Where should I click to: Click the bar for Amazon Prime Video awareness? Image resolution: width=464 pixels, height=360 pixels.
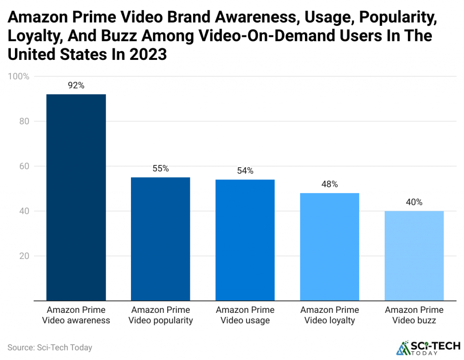pos(76,197)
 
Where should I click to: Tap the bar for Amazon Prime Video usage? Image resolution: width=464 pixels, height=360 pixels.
pos(245,240)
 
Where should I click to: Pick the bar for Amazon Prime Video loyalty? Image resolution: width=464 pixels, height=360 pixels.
pos(329,247)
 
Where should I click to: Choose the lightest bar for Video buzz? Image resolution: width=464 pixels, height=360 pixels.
pos(414,256)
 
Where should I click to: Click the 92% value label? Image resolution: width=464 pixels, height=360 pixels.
pos(76,85)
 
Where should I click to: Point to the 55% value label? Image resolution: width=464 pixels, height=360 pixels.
pos(160,168)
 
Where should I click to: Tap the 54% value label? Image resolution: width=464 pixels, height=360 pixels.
pos(245,170)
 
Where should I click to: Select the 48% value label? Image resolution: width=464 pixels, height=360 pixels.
pos(329,184)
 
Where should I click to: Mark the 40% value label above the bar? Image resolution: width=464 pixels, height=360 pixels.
pos(414,202)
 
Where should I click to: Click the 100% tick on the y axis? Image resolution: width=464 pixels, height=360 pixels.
pos(19,77)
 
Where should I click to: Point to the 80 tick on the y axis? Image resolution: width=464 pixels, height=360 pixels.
pos(24,122)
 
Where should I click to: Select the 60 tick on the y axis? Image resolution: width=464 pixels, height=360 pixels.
pos(24,166)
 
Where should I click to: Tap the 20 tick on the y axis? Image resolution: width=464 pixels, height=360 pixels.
pos(24,256)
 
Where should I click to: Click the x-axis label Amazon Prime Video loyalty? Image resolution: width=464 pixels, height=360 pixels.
pos(329,315)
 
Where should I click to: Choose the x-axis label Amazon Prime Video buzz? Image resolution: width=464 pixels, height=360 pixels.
pos(414,315)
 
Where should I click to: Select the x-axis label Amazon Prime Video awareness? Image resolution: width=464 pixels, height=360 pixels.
pos(76,315)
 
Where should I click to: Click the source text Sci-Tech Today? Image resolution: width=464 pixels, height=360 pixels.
pos(50,348)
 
